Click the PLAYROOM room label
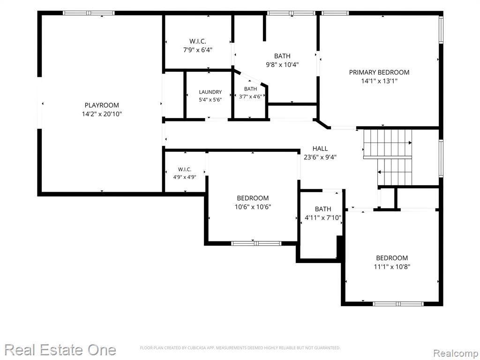pyautogui.click(x=102, y=105)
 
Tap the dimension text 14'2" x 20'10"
pyautogui.click(x=102, y=114)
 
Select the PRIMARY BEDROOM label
pyautogui.click(x=379, y=72)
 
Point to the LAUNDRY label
pyautogui.click(x=210, y=92)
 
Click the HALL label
pyautogui.click(x=320, y=149)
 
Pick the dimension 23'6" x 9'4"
pyautogui.click(x=320, y=157)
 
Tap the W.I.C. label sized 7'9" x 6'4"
pyautogui.click(x=198, y=41)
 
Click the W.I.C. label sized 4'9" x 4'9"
pyautogui.click(x=185, y=169)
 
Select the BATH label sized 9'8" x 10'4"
pyautogui.click(x=282, y=56)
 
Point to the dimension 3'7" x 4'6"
pyautogui.click(x=250, y=97)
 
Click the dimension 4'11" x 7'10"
pyautogui.click(x=323, y=218)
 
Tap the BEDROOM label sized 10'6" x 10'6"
pyautogui.click(x=253, y=198)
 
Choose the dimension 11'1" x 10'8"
pyautogui.click(x=392, y=267)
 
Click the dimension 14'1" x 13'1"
pyautogui.click(x=379, y=81)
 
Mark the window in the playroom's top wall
pyautogui.click(x=89, y=13)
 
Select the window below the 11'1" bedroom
pyautogui.click(x=398, y=304)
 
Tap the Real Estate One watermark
pyautogui.click(x=60, y=350)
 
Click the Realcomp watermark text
pyautogui.click(x=456, y=353)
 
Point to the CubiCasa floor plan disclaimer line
pyautogui.click(x=240, y=348)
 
